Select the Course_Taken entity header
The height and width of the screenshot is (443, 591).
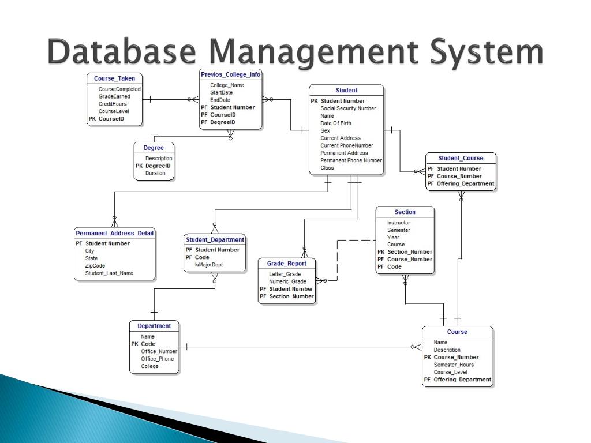115,78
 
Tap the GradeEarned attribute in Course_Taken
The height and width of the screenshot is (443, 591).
114,97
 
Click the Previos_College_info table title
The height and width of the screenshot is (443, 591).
231,74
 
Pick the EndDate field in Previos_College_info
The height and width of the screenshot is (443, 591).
220,100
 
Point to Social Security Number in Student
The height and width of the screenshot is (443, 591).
348,108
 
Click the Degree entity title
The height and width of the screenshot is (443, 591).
154,148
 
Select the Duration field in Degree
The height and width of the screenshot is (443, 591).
155,173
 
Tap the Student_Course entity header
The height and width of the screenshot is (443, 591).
461,158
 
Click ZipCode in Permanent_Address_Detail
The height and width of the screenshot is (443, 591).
95,266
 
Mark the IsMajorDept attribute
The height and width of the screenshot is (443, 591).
209,265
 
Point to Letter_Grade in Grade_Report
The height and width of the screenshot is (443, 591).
285,274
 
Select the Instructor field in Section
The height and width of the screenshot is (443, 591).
399,223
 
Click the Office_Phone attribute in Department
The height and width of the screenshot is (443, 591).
157,359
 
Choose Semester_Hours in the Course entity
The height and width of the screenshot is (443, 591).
454,365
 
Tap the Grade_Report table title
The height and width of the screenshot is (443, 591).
287,264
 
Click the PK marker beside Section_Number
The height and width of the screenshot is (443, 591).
381,252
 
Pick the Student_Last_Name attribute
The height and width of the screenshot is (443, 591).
109,273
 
